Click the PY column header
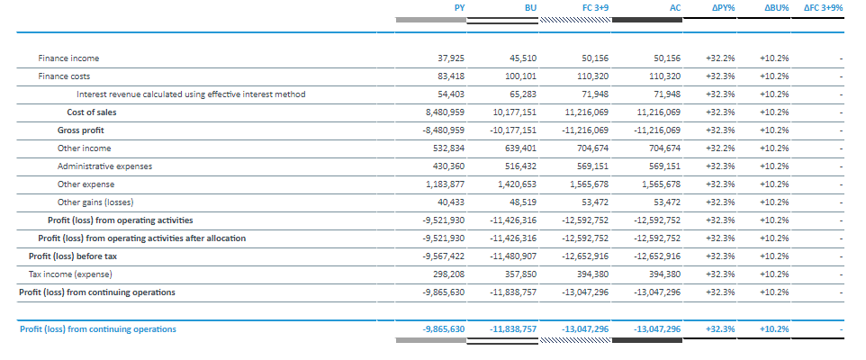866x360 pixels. pyautogui.click(x=459, y=7)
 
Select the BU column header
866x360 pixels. pyautogui.click(x=530, y=7)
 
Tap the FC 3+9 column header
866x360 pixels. pyautogui.click(x=594, y=7)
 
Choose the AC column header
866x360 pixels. pyautogui.click(x=674, y=7)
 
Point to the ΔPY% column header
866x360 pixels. pyautogui.click(x=722, y=7)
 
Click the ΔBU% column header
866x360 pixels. pyautogui.click(x=775, y=7)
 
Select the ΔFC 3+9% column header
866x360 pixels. pyautogui.click(x=823, y=7)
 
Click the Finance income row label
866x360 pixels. pyautogui.click(x=68, y=58)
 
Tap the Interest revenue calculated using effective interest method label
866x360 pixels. pyautogui.click(x=191, y=94)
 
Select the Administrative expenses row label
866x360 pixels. pyautogui.click(x=104, y=166)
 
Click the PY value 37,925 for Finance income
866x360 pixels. pyautogui.click(x=450, y=58)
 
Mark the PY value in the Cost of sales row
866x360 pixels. pyautogui.click(x=444, y=112)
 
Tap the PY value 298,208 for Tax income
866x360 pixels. pyautogui.click(x=448, y=274)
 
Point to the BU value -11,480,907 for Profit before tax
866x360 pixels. pyautogui.click(x=513, y=256)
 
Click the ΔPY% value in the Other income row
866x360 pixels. pyautogui.click(x=720, y=148)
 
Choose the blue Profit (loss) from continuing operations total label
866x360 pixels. pyautogui.click(x=97, y=329)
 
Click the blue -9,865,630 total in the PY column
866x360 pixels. pyautogui.click(x=443, y=329)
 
